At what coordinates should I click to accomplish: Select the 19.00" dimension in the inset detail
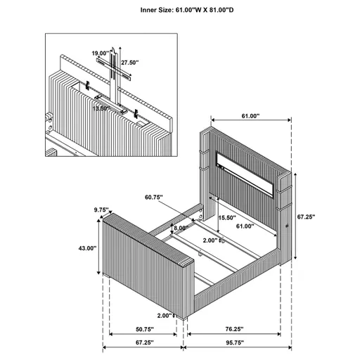pyautogui.click(x=100, y=53)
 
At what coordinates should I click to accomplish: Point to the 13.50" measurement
pyautogui.click(x=101, y=108)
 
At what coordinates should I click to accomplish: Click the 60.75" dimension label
pyautogui.click(x=155, y=198)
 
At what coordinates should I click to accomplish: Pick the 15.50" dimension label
pyautogui.click(x=226, y=218)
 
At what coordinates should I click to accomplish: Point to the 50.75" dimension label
pyautogui.click(x=146, y=328)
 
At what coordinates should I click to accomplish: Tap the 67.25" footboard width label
pyautogui.click(x=146, y=349)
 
